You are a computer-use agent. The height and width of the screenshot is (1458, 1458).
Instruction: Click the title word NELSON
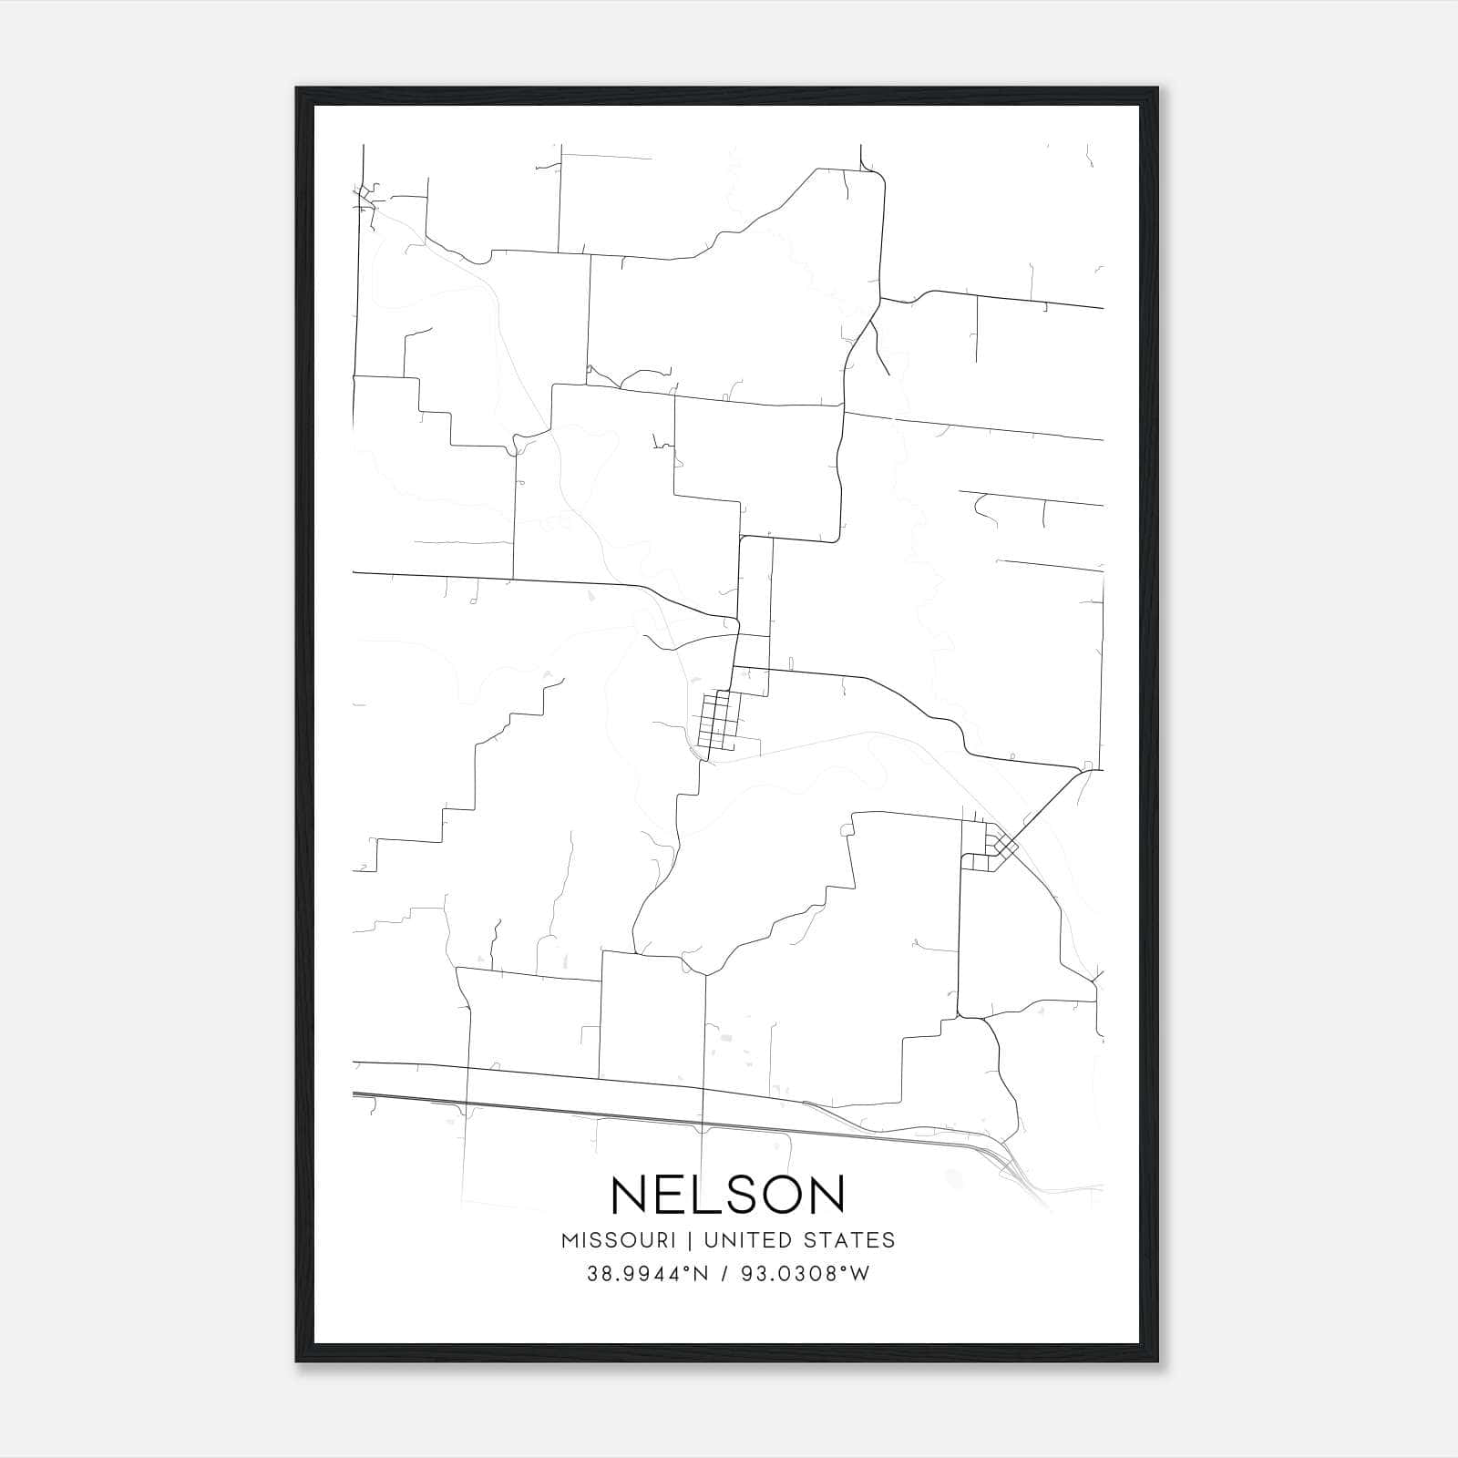tap(728, 1195)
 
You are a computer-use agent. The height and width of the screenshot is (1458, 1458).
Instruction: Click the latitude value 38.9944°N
tap(647, 1274)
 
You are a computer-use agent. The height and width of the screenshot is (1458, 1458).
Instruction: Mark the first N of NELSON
tap(625, 1195)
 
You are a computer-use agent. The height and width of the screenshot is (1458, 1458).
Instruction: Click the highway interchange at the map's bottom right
tap(1011, 1162)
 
